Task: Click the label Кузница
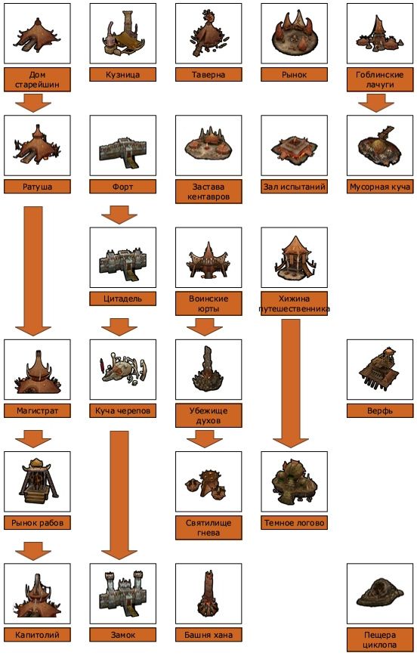point(122,75)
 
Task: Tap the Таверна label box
point(208,75)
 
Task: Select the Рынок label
point(294,75)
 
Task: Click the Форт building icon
point(122,146)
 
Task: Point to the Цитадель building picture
point(122,258)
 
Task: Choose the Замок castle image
point(122,594)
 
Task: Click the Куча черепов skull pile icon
point(122,370)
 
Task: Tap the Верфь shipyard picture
point(380,370)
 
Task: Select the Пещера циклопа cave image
point(380,594)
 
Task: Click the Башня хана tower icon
point(208,594)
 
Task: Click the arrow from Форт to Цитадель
point(119,215)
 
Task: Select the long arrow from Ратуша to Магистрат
point(33,271)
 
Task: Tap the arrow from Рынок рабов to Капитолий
point(33,551)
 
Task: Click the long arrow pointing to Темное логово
point(291,383)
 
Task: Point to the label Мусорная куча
point(380,187)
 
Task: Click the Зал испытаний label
point(294,187)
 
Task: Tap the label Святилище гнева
point(208,528)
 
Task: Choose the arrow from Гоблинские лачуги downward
point(376,103)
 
